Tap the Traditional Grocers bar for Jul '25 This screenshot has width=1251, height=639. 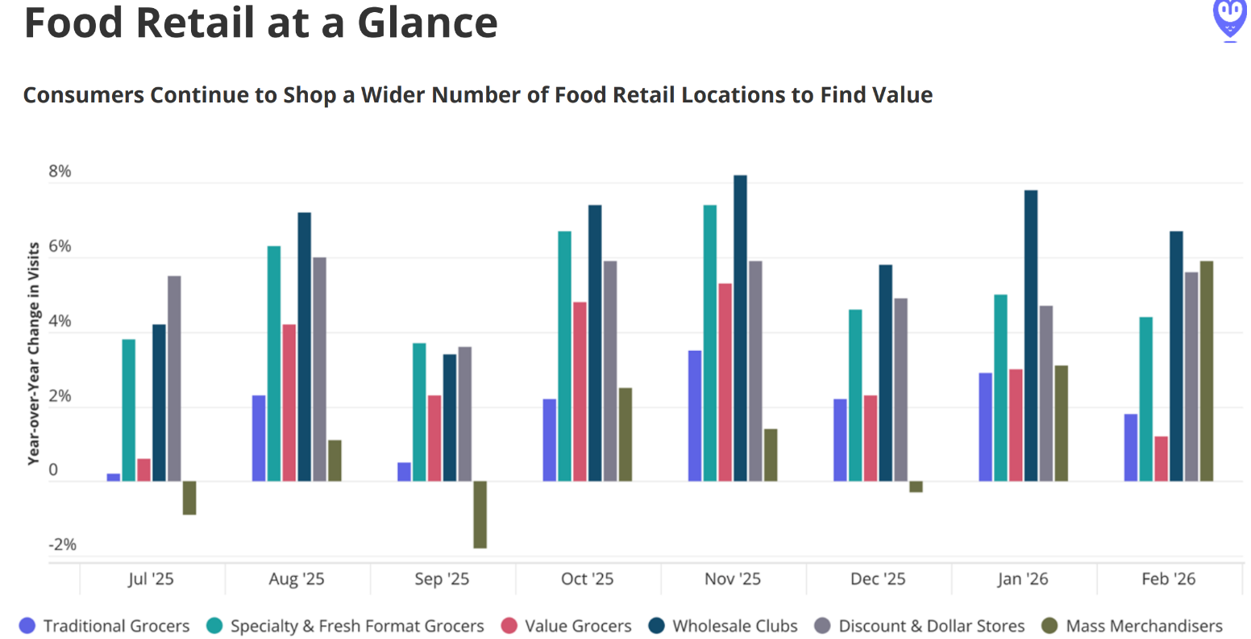[x=114, y=478]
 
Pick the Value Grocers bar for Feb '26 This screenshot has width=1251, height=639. [x=1161, y=459]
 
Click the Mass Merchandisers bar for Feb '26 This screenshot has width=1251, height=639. [x=1206, y=371]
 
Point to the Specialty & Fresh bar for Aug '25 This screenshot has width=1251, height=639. [x=274, y=364]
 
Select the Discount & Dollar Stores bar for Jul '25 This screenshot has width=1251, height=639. [x=174, y=378]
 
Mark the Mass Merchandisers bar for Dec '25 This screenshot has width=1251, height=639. [x=916, y=487]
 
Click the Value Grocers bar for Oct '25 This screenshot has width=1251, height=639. [x=580, y=391]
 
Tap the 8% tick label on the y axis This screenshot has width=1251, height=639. [x=60, y=171]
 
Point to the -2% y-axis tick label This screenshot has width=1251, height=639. [x=62, y=545]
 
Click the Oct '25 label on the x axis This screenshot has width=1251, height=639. [x=587, y=579]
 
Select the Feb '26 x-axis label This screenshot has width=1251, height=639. [x=1168, y=579]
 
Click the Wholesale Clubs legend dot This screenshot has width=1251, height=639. [x=657, y=626]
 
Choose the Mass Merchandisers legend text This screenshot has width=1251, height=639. [x=1144, y=626]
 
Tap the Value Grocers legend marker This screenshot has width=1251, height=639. [x=509, y=626]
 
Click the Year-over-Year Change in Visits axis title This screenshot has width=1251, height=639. [x=34, y=353]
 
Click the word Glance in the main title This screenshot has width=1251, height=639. [x=427, y=23]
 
